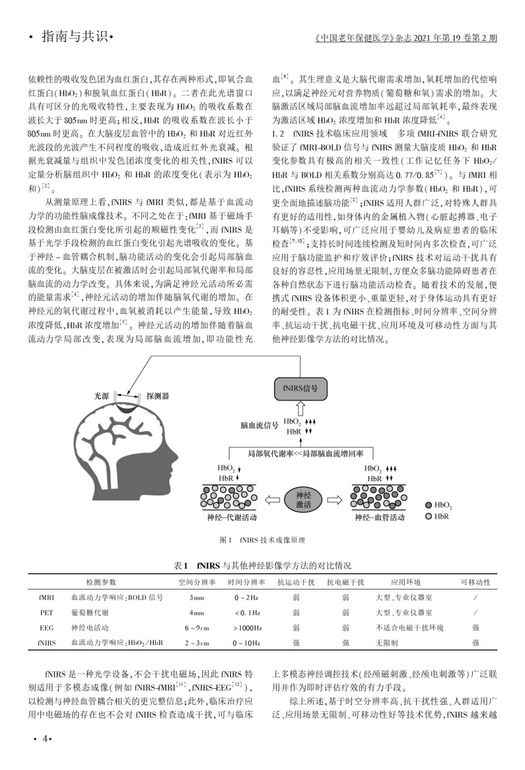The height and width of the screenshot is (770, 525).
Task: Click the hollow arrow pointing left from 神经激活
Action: point(273,499)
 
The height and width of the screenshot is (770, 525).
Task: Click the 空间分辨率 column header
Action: point(197,582)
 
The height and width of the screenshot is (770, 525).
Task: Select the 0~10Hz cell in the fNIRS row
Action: point(247,643)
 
